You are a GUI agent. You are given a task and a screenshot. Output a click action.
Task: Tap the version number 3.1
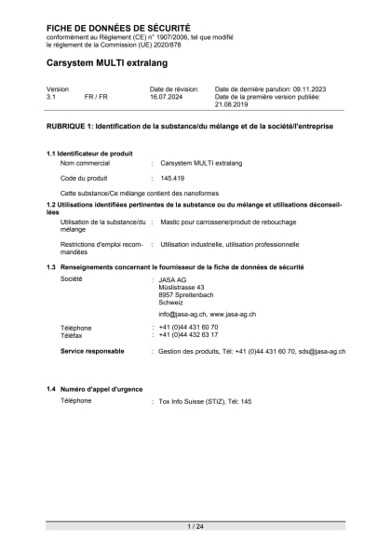point(52,97)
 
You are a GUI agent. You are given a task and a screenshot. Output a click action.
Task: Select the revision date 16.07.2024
point(170,97)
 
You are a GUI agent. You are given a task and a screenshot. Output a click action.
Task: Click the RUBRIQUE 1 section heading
point(189,125)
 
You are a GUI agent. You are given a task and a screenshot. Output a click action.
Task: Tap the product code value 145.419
point(172,177)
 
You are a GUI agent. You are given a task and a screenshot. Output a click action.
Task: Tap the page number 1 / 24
point(195,526)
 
